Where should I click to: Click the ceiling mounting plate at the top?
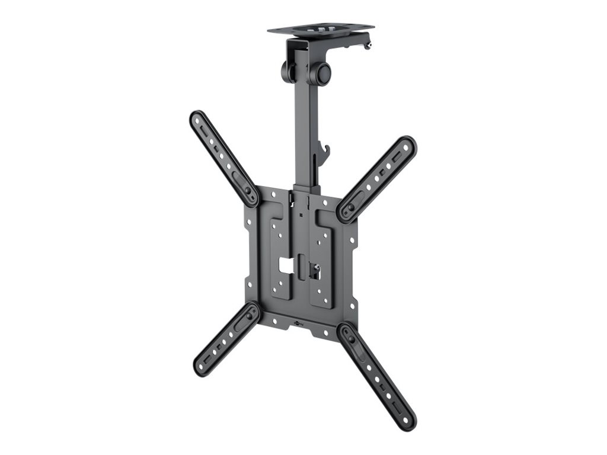(x=320, y=28)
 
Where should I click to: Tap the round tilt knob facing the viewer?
(x=322, y=73)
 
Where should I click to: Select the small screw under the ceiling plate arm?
(x=368, y=45)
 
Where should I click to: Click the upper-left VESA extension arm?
(x=223, y=158)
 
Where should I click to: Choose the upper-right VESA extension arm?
(x=378, y=178)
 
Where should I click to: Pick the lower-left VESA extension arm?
(x=226, y=338)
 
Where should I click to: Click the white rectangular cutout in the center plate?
(x=286, y=266)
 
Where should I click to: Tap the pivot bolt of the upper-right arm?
(x=350, y=208)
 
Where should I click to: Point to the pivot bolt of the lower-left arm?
(x=249, y=315)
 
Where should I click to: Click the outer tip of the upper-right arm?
(x=408, y=145)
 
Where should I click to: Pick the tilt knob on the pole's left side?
(x=287, y=71)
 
